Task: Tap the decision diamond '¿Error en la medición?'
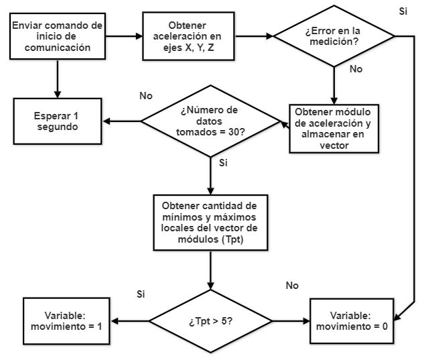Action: [x=334, y=36]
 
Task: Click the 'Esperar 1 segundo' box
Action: [x=58, y=121]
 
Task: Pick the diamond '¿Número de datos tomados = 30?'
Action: [x=211, y=121]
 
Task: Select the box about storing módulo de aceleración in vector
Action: [x=334, y=127]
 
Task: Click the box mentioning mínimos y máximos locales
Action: [x=211, y=220]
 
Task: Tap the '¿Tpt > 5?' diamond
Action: [x=211, y=321]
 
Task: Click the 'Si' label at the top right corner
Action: [x=403, y=11]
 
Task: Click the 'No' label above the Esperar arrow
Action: [x=146, y=96]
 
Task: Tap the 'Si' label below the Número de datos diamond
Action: [x=224, y=162]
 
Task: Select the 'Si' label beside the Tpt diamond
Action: [x=141, y=294]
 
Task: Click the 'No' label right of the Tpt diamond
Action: [x=291, y=286]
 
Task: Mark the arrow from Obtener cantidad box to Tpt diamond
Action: [x=211, y=268]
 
